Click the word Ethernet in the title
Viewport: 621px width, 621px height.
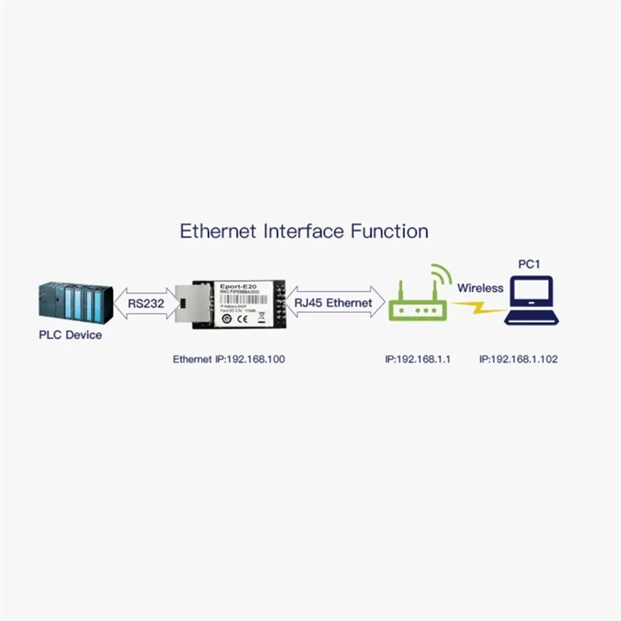click(218, 231)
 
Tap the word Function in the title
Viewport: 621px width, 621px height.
click(390, 231)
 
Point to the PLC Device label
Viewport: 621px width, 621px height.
click(71, 335)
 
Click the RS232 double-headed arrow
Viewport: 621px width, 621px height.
click(145, 304)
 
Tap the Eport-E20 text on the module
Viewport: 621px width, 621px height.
click(243, 286)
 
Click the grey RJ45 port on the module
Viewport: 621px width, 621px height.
click(190, 304)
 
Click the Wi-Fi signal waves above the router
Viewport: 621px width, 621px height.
click(440, 276)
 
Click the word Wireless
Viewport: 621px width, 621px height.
click(480, 288)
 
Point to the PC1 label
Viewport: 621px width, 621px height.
click(529, 264)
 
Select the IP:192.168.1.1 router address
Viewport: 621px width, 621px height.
click(418, 359)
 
